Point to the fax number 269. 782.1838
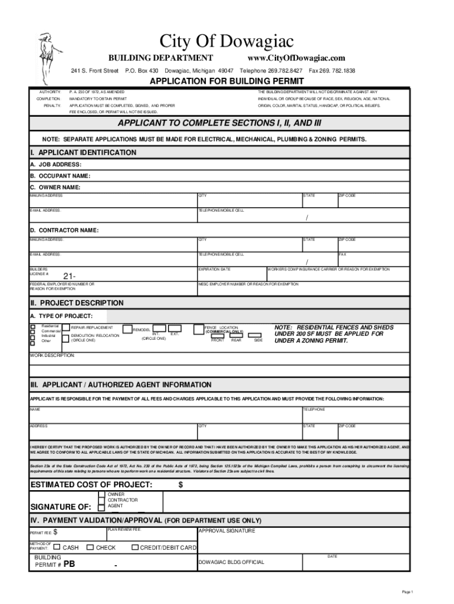[332, 71]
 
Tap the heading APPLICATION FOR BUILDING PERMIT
[226, 81]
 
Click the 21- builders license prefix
[69, 277]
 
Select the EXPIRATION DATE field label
[214, 269]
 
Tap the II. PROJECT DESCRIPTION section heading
[77, 303]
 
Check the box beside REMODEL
[127, 329]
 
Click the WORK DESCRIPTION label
[52, 356]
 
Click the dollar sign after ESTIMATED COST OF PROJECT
[180, 485]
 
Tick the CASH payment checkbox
[57, 547]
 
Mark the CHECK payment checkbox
[90, 547]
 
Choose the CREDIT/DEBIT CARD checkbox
[135, 547]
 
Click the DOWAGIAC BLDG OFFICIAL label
[232, 562]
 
